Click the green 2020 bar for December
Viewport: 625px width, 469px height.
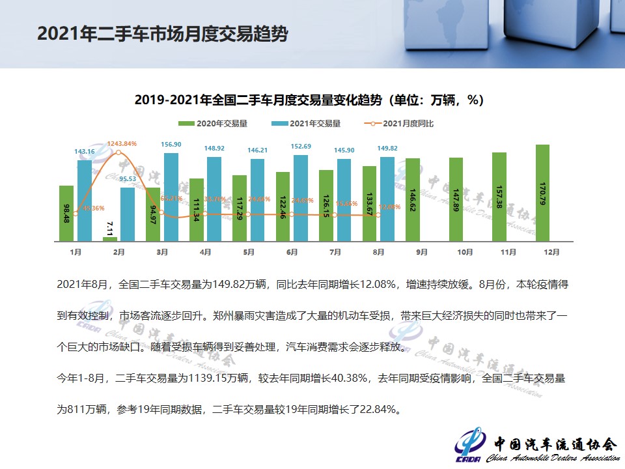(542, 193)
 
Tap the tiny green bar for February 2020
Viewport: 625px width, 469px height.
(110, 239)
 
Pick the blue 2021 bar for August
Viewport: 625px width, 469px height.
(387, 199)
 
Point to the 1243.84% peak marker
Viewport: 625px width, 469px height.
(118, 152)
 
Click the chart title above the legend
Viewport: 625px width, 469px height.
(309, 100)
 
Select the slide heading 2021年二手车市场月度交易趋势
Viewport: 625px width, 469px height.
(162, 34)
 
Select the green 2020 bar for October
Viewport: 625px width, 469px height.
(456, 199)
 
